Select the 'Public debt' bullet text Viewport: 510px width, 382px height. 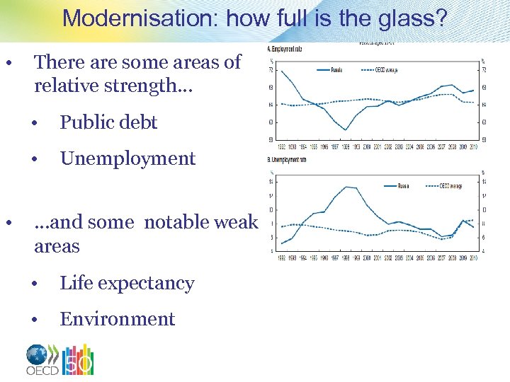pyautogui.click(x=108, y=122)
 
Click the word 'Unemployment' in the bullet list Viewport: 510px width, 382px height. pyautogui.click(x=127, y=158)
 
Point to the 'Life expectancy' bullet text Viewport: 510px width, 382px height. pyautogui.click(x=127, y=283)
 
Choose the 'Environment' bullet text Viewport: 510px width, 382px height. pyautogui.click(x=117, y=319)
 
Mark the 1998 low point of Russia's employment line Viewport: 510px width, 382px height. pyautogui.click(x=345, y=129)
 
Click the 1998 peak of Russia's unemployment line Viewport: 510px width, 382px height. pyautogui.click(x=346, y=187)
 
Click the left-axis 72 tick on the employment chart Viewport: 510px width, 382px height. pyautogui.click(x=271, y=69)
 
